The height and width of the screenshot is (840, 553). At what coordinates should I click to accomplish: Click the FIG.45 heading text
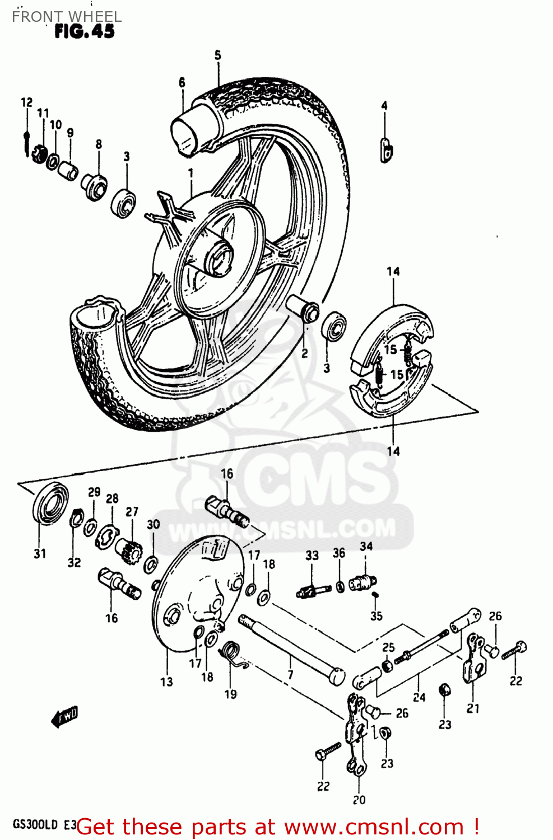(x=84, y=32)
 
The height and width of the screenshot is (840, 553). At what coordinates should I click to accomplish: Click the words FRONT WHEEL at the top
(x=67, y=16)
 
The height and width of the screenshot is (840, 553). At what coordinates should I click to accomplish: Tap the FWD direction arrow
(x=64, y=717)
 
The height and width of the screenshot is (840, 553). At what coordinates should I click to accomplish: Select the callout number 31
(x=40, y=554)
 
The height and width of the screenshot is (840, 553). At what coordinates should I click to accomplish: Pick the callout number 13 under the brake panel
(x=166, y=682)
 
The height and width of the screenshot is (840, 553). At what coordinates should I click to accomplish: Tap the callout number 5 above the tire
(x=217, y=55)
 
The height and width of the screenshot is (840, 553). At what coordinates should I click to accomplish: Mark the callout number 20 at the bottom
(x=359, y=800)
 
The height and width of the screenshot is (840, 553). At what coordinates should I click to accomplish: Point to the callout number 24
(x=419, y=697)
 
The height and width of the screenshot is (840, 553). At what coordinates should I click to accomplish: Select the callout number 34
(x=366, y=546)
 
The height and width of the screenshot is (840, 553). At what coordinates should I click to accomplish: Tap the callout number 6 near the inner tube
(x=182, y=82)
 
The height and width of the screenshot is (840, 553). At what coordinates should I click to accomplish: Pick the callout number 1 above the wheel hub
(x=190, y=173)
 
